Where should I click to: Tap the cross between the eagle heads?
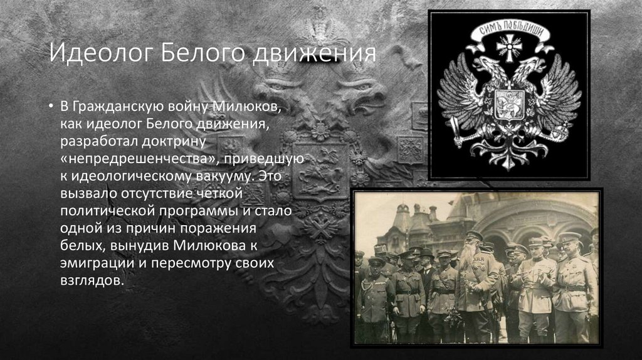click(508, 47)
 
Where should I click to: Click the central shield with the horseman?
click(508, 103)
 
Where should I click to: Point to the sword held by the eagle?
click(457, 129)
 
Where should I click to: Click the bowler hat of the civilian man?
click(427, 253)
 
